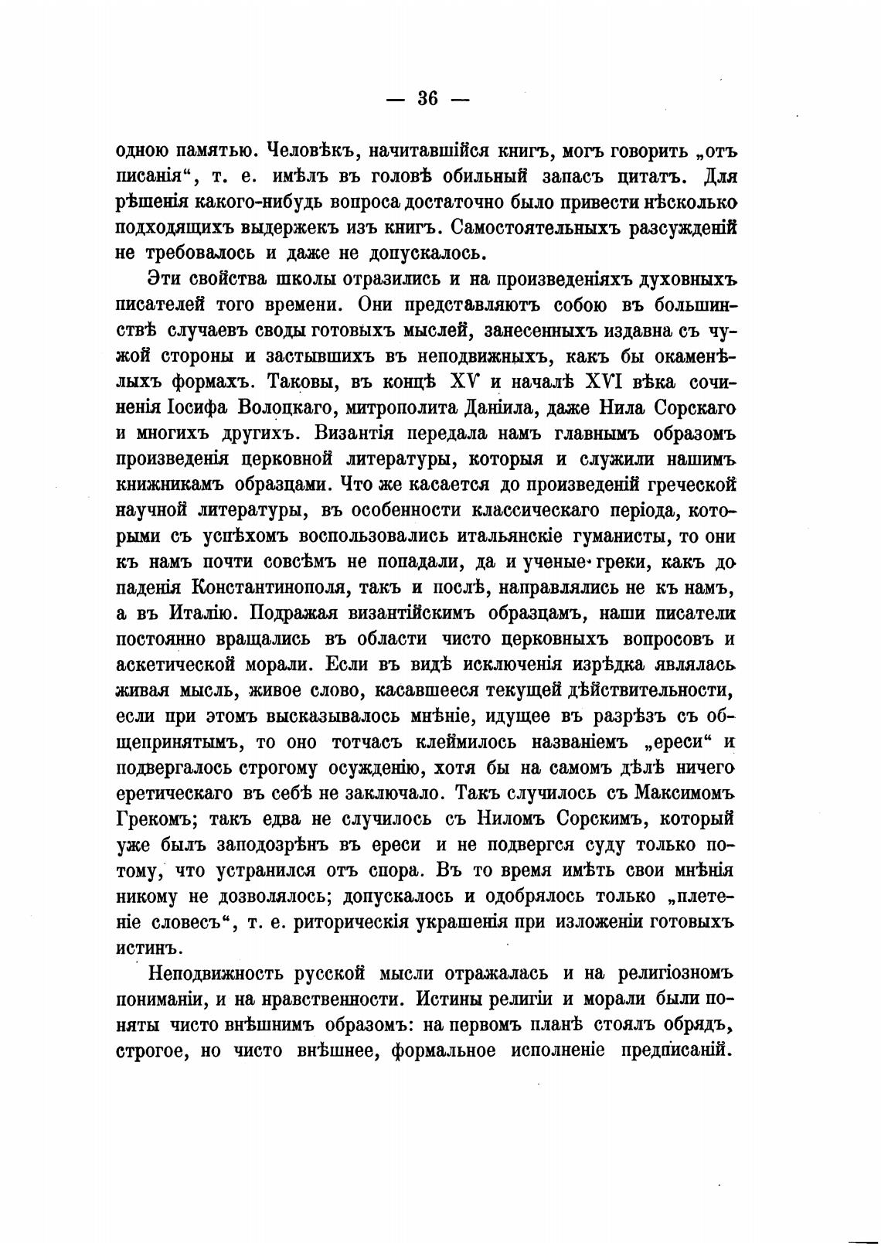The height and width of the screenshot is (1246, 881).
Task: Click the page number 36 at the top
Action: tap(427, 99)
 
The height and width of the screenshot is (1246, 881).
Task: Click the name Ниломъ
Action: tap(516, 819)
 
